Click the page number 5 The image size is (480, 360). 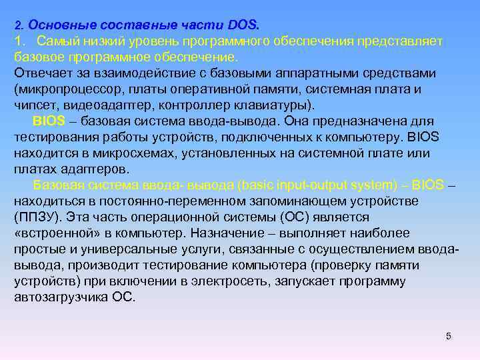pyautogui.click(x=449, y=335)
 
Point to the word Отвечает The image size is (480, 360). pyautogui.click(x=41, y=73)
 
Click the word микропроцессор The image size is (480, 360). pyautogui.click(x=63, y=89)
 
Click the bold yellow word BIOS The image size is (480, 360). pyautogui.click(x=47, y=121)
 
